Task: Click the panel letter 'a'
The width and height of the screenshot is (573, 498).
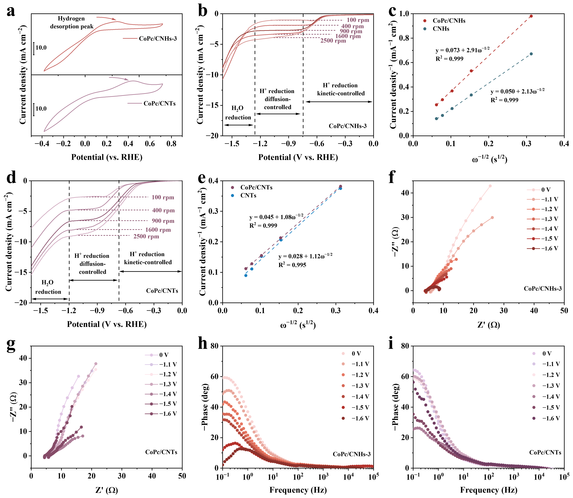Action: (x=11, y=12)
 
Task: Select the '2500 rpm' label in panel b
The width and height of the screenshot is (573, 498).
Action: (x=333, y=41)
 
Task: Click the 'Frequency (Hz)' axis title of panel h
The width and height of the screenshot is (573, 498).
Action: (x=298, y=490)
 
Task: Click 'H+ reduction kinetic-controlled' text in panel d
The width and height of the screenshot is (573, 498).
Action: (x=148, y=258)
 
